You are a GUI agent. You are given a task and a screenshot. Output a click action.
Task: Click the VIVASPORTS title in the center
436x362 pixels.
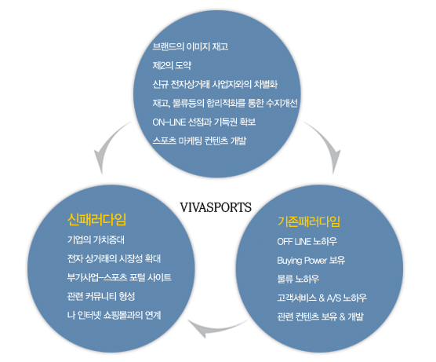coord(216,207)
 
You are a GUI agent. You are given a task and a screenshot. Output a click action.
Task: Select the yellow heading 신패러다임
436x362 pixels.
coord(96,219)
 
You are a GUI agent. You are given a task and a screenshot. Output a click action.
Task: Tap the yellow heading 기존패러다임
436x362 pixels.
coord(309,221)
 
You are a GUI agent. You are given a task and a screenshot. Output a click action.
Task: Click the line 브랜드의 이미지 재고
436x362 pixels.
coord(191,46)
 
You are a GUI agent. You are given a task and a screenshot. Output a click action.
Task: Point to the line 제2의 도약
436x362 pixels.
coord(172,65)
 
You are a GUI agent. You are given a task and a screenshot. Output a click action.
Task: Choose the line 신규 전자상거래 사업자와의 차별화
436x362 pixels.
coord(215,84)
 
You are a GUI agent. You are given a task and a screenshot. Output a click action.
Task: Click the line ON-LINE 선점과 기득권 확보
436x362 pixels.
coord(204,122)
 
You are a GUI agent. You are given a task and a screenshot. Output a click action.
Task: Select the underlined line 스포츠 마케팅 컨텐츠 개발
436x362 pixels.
coord(199,141)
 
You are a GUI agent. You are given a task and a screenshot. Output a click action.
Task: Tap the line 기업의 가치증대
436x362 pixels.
coord(96,240)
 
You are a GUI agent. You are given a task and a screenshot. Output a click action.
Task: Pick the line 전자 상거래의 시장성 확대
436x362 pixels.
coord(114,258)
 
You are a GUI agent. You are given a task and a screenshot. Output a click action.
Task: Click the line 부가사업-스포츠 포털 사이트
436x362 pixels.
coord(119,277)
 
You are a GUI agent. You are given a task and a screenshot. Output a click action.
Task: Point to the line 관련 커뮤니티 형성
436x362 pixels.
coord(101,296)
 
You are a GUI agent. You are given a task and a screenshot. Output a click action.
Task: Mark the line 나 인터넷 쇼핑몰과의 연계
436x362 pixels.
coord(114,315)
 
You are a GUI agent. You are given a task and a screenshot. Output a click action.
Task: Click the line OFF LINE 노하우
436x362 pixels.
coord(307,241)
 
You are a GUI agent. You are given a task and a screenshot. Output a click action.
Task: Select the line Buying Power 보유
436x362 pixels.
coord(311,261)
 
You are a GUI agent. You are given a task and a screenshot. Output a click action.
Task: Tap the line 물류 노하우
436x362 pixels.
coord(298,279)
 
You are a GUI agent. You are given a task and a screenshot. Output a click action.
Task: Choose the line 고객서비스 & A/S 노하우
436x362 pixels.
coord(322,298)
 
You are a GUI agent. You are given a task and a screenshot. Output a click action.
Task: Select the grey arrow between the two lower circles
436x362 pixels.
coord(214,328)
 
